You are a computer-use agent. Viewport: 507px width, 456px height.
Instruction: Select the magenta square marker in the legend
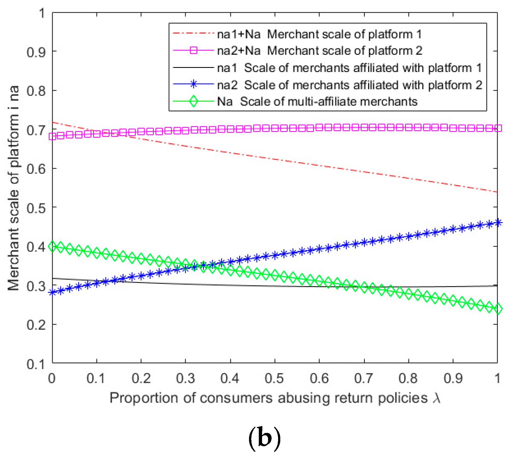point(194,51)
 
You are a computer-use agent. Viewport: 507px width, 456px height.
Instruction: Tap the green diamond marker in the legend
point(194,101)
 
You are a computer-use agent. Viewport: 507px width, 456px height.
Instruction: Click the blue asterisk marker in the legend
point(194,84)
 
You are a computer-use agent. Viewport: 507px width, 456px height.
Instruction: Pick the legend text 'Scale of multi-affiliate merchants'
point(328,102)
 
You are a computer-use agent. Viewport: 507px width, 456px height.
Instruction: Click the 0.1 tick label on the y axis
point(36,364)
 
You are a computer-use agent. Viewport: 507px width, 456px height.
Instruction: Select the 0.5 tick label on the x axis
point(275,378)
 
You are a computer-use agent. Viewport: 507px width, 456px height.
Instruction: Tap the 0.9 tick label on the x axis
point(453,378)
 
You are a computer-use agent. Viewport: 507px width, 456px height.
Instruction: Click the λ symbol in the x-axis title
point(437,398)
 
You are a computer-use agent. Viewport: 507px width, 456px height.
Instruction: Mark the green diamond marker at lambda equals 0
point(52,247)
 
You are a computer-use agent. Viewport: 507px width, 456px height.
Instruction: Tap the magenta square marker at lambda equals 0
point(52,136)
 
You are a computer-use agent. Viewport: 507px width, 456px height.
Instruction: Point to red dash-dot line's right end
point(497,192)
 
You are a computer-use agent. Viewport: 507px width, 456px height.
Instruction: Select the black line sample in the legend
point(194,67)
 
